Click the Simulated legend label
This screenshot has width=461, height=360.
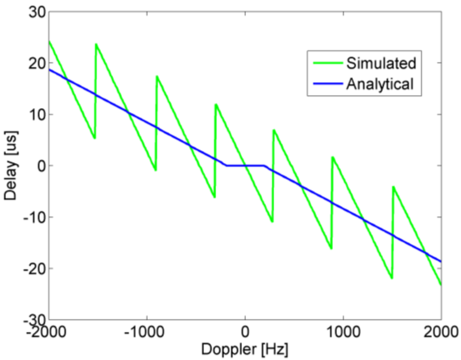pos(381,64)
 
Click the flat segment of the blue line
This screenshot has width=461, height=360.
pos(245,166)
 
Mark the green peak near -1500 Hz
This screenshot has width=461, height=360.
pos(96,44)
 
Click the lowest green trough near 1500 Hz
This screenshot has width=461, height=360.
pos(392,278)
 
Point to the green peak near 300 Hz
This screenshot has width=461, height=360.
pos(274,130)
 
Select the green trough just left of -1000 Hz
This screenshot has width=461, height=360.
pos(155,170)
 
